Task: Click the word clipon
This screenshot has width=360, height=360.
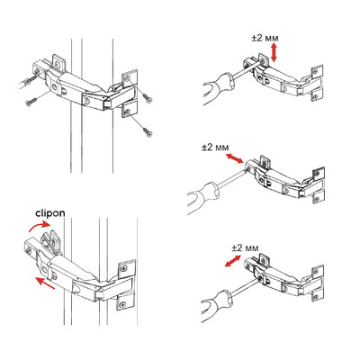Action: point(50,213)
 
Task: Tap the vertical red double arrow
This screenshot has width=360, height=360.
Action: point(274,52)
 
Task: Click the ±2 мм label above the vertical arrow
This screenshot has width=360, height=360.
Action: point(265,39)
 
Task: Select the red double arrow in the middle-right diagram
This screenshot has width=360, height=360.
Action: point(234,158)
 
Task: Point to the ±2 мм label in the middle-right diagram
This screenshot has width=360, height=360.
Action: point(215,148)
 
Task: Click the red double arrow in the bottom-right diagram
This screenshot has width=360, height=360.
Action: point(233,261)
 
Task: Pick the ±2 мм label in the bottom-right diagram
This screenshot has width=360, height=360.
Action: point(245,248)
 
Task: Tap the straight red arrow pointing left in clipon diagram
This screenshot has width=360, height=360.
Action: point(45,283)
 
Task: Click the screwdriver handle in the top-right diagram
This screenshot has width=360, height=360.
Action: point(218,88)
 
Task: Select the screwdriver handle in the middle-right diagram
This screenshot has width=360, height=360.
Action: point(203,197)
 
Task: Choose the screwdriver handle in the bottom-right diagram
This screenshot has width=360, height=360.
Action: point(217,305)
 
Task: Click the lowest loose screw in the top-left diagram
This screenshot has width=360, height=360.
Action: point(148,131)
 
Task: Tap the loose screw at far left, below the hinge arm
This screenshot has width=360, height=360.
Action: point(31,102)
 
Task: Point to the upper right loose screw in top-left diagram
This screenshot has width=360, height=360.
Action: point(148,98)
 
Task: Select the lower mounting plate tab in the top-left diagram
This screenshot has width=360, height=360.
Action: point(130,111)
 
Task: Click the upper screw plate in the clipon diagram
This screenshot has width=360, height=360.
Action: point(127,269)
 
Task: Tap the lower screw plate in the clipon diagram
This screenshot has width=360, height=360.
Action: point(125,302)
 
